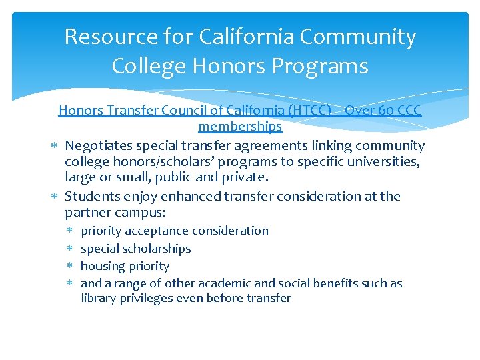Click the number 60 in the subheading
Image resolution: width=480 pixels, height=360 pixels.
coord(385,110)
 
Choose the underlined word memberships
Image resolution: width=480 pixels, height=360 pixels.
coord(240,126)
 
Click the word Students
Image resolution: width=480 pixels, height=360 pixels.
coord(91,196)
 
